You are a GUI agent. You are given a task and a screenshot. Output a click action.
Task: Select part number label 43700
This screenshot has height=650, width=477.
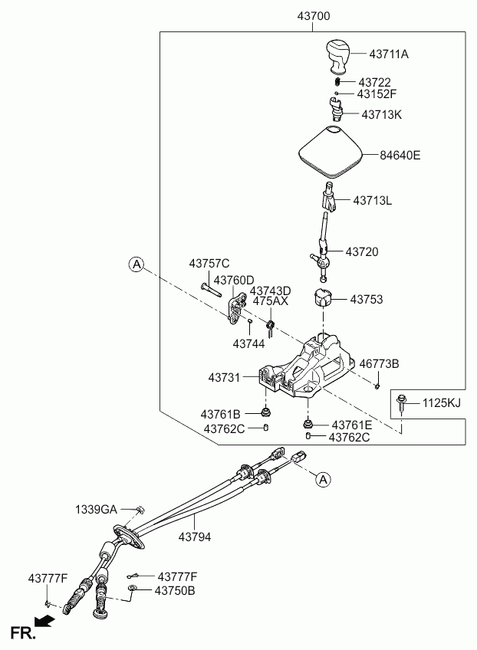coord(314,16)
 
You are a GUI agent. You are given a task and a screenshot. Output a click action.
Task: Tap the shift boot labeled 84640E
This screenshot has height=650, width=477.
coord(331,152)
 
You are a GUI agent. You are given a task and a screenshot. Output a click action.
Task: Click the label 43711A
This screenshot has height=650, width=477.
coord(389,54)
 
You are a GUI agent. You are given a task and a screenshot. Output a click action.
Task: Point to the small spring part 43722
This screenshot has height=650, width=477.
coord(337,81)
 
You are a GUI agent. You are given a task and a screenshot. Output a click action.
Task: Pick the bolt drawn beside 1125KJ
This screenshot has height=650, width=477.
coord(401,403)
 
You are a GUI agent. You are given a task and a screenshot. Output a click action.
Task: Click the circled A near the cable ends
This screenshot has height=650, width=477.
coord(323,479)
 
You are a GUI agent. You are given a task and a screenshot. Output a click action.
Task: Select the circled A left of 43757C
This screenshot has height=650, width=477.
coord(136,264)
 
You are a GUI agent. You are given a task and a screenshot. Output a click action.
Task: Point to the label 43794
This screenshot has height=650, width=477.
coord(195,537)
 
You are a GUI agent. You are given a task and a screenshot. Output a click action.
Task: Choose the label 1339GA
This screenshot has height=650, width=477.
coord(96,509)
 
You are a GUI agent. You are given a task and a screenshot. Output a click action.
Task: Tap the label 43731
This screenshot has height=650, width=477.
coord(224,378)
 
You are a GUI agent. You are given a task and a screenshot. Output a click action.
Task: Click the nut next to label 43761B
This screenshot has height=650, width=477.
coord(265,412)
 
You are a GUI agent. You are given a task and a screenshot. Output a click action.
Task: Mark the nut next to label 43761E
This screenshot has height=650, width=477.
coord(308,424)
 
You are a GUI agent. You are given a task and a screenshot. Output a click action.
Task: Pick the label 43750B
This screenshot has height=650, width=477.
coord(175,590)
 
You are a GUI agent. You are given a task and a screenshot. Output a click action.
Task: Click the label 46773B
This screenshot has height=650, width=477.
coord(379,363)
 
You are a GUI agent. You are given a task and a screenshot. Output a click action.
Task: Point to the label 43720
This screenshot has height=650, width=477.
coord(362,251)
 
